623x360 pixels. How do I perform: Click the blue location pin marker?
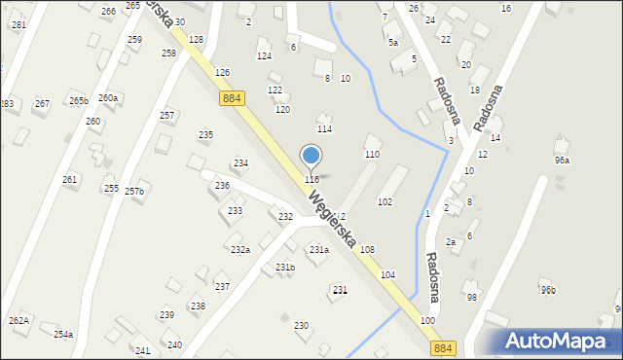tap(311, 156)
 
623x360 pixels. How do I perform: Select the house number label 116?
tap(311, 180)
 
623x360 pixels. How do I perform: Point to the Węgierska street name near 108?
tap(331, 221)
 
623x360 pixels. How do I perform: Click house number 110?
tap(371, 155)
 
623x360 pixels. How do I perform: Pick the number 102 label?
tap(385, 201)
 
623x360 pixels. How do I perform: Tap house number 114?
tap(324, 129)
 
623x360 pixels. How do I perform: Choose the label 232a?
tap(240, 250)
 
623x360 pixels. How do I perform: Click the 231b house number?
tap(284, 268)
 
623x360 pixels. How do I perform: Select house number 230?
tap(301, 325)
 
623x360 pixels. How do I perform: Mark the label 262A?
tap(18, 320)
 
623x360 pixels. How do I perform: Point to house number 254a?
tap(62, 334)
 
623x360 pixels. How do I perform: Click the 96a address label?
tap(562, 161)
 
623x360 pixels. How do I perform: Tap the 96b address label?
tap(548, 290)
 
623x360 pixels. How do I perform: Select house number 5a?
tap(392, 43)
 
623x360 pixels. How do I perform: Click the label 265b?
tap(78, 100)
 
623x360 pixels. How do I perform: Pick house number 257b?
tap(133, 192)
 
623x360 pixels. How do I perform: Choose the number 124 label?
tap(264, 56)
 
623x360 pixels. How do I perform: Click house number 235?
tap(205, 135)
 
